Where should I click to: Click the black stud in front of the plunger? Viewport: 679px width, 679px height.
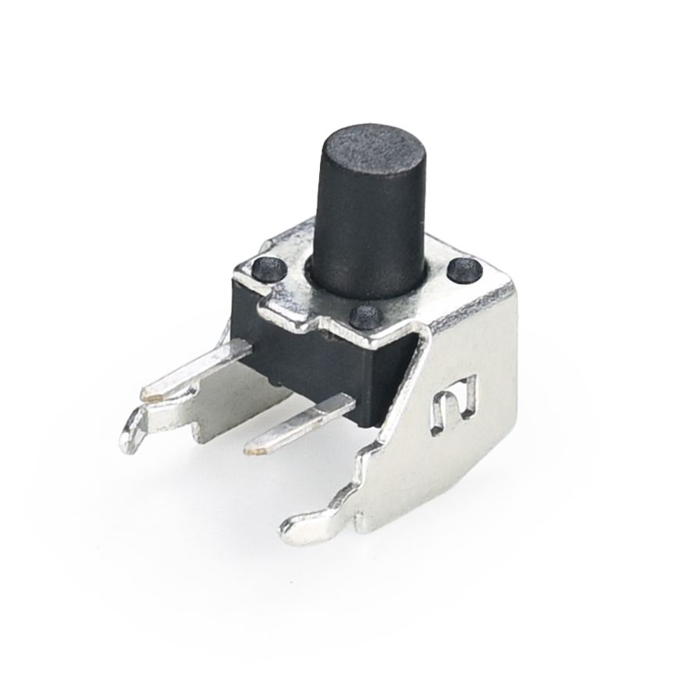tap(365, 316)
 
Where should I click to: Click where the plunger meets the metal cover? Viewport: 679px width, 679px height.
tap(367, 293)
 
